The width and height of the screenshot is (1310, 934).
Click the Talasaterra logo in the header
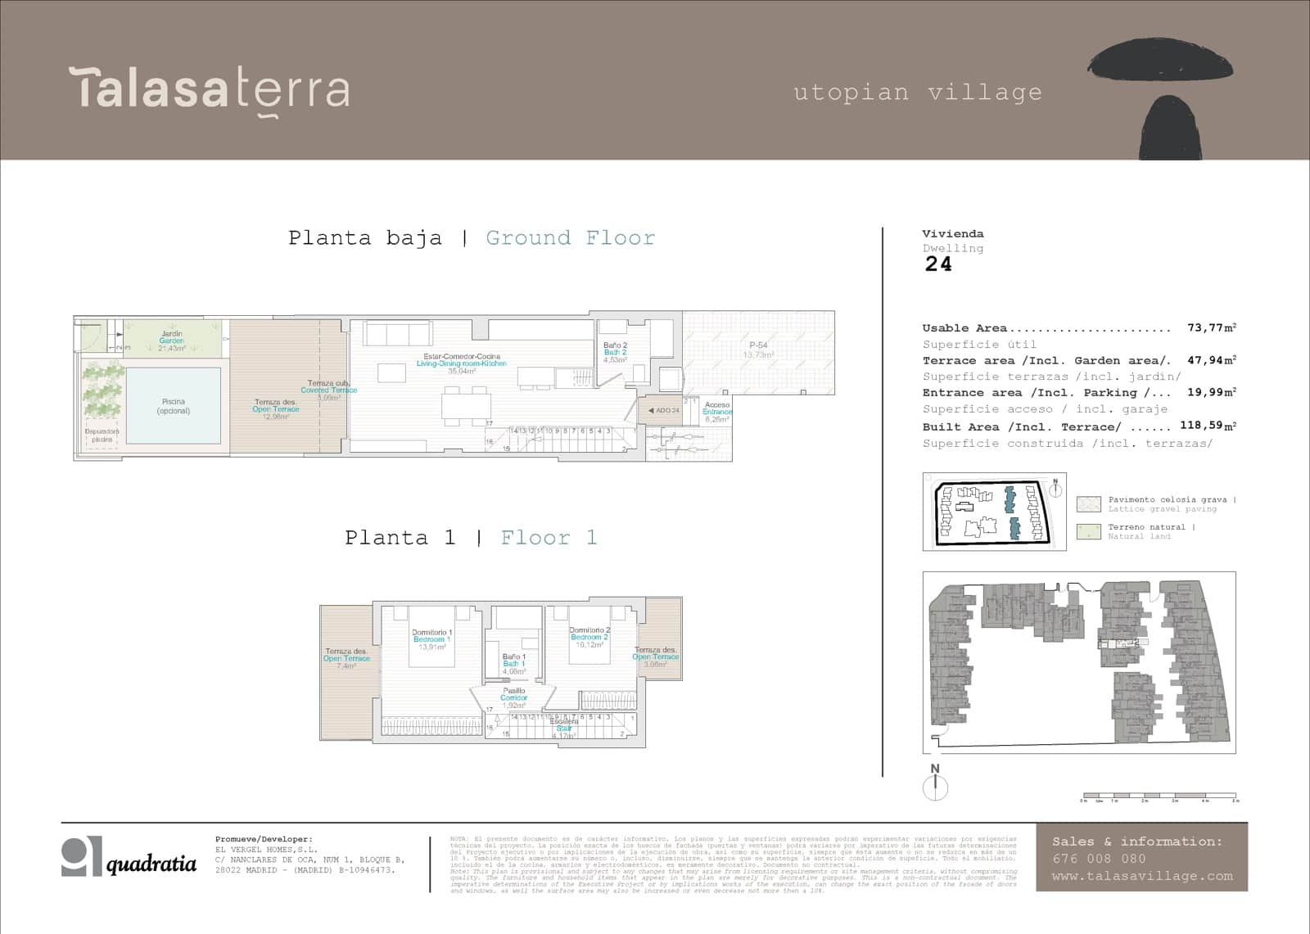(210, 89)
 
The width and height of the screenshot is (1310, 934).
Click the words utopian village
(918, 92)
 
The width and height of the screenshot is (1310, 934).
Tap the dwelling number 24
(938, 264)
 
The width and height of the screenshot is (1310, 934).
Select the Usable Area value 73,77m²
(1211, 328)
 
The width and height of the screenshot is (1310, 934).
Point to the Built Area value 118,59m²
(1208, 426)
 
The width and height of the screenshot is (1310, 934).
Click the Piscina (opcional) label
(174, 406)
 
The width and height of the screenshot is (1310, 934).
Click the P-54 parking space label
(758, 350)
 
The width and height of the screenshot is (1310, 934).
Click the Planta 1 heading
(399, 538)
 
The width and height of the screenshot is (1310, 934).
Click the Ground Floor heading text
(570, 238)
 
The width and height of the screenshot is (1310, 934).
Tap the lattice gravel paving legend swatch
(1088, 504)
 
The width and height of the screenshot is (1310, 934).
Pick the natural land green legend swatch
(1088, 532)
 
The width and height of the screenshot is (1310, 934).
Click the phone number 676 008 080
(1099, 859)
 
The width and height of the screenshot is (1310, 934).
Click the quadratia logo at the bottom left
(129, 858)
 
